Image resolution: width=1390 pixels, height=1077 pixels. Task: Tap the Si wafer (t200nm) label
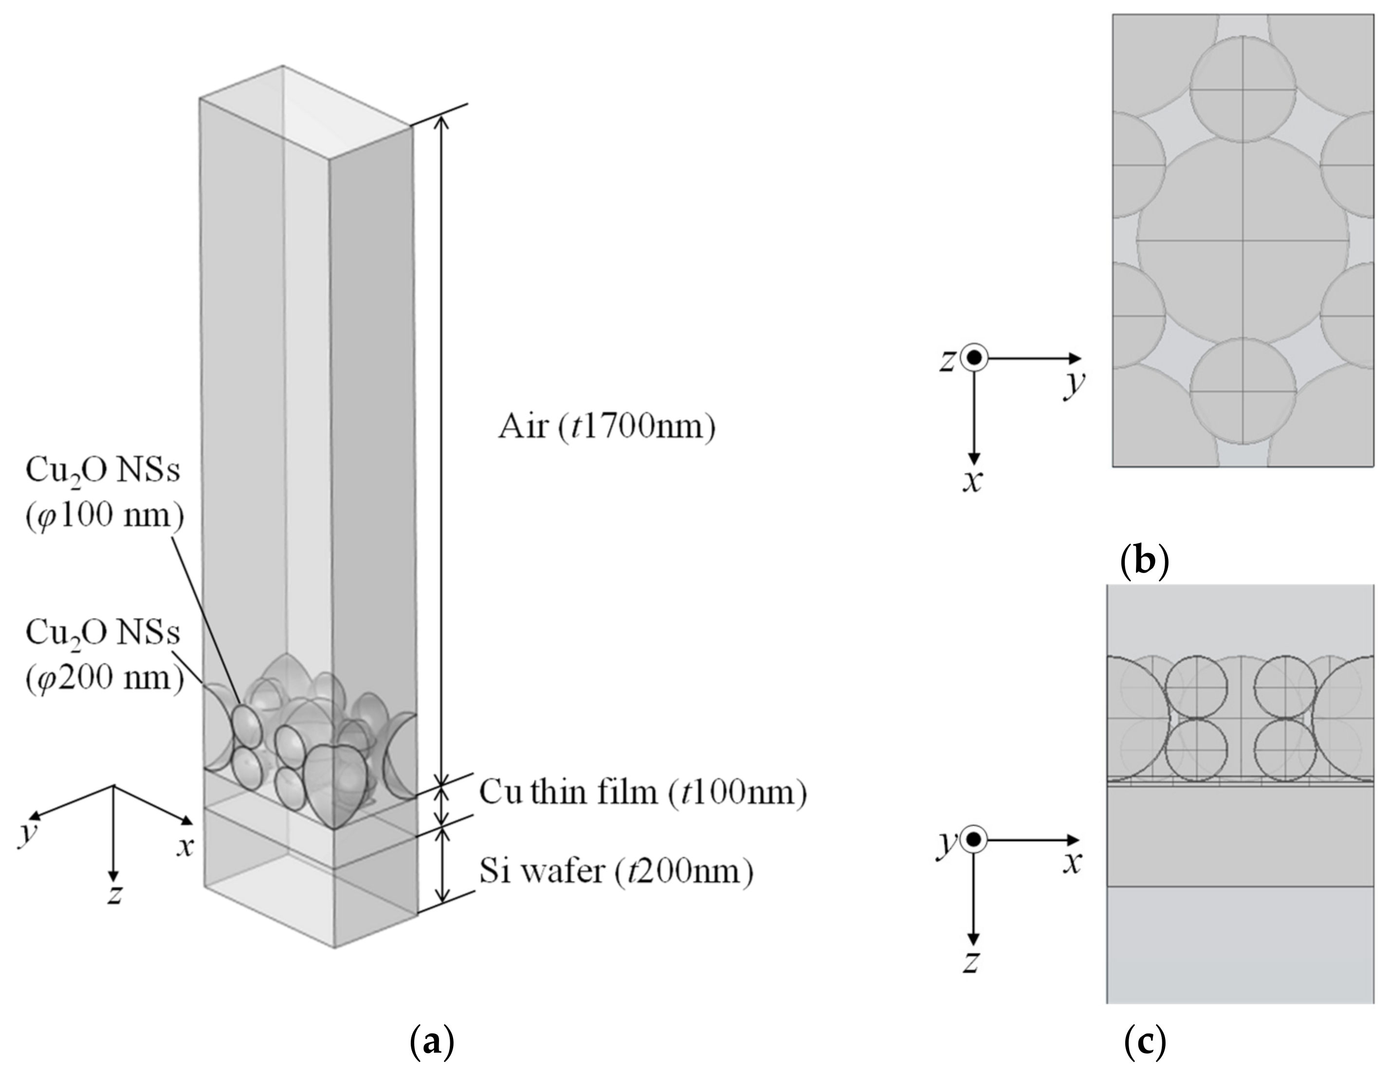coord(616,871)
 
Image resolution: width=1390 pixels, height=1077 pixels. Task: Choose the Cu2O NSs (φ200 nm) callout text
coord(104,663)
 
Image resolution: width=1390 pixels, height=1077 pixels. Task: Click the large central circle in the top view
coord(1243,242)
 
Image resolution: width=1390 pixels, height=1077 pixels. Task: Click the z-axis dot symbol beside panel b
coord(973,358)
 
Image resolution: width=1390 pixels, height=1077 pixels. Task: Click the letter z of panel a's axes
coord(114,894)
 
